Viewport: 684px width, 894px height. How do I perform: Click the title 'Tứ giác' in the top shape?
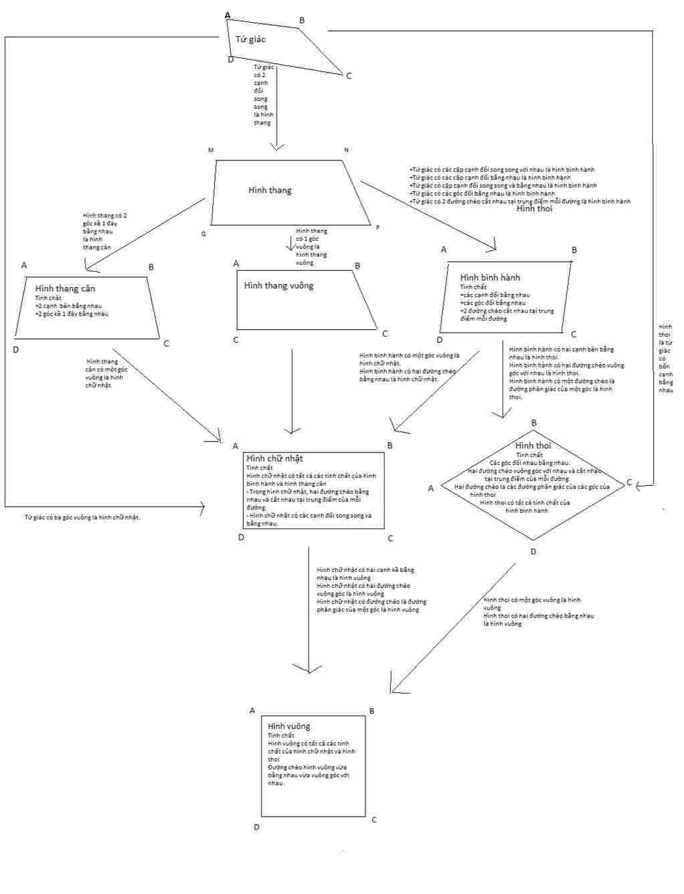pos(250,39)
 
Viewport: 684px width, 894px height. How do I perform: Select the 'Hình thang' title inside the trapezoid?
pos(270,190)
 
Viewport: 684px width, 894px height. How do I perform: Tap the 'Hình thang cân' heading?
pos(65,289)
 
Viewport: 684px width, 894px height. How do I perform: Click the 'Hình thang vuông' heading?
pos(279,286)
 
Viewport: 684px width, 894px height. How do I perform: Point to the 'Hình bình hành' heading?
pos(490,277)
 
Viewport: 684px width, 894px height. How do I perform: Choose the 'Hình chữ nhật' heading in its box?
pos(275,458)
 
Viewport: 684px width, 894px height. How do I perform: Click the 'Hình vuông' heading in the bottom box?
pos(289,726)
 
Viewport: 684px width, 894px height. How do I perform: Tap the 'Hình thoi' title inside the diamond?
pos(533,446)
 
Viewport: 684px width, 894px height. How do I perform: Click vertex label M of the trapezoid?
pos(211,150)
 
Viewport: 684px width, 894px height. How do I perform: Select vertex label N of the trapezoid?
pos(346,150)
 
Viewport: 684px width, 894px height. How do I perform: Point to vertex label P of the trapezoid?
pos(377,228)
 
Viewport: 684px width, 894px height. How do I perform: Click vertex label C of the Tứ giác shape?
pos(349,76)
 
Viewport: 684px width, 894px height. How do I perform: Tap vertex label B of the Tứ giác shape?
pos(302,21)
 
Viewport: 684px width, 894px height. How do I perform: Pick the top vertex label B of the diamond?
pos(534,423)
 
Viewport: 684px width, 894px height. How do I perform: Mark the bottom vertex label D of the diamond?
pos(533,552)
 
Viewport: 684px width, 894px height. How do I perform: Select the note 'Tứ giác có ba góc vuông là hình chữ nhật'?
pos(82,517)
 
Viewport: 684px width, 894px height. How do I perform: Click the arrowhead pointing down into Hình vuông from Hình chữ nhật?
pos(309,670)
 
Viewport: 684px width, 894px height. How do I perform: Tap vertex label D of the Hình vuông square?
pos(256,827)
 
